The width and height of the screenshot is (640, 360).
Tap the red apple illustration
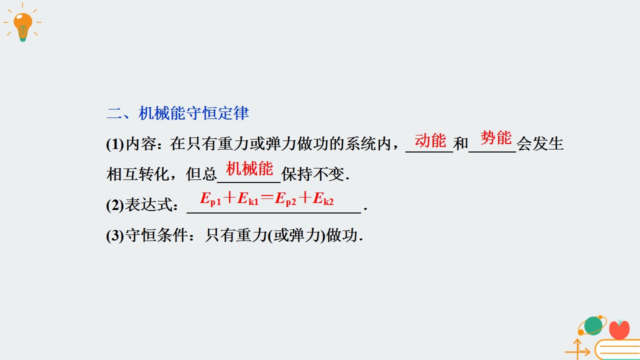619,329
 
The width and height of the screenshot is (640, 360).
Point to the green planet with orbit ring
592,325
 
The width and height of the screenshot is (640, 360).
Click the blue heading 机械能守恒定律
193,113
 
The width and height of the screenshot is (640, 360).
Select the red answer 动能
430,140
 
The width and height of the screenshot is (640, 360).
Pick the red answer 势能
495,137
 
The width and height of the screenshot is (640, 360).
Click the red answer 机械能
249,168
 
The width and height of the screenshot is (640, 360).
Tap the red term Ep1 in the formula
210,198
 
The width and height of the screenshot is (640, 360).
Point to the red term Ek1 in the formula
247,198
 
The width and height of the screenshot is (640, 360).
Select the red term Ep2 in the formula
285,198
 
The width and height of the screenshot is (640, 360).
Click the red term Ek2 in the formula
323,198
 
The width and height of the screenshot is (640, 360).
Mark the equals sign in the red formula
267,197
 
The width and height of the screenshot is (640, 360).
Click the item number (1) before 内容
115,144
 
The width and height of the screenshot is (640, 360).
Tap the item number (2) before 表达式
115,205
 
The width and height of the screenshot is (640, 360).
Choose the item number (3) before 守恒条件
115,235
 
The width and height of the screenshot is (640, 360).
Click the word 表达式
149,205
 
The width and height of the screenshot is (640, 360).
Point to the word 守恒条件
156,235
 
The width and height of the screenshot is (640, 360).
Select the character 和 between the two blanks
460,143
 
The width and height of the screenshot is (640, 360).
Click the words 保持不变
313,174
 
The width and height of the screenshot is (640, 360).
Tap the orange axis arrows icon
577,349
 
